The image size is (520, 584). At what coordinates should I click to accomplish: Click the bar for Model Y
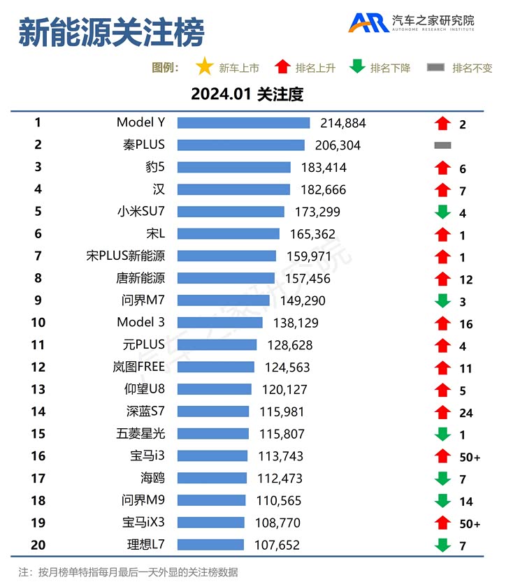(x=243, y=123)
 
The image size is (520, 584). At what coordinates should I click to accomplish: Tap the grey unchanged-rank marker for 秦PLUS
(x=442, y=145)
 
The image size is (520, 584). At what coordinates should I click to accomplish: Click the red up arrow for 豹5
(x=442, y=168)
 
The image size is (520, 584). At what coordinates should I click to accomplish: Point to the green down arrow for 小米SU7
(x=442, y=212)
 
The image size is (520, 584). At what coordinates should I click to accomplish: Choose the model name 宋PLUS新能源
(x=126, y=256)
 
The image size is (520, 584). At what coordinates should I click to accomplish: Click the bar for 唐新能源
(x=226, y=279)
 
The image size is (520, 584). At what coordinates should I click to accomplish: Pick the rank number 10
(x=38, y=323)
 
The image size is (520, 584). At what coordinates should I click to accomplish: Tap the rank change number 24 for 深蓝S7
(x=466, y=413)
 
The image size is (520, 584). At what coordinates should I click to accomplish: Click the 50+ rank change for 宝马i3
(x=470, y=458)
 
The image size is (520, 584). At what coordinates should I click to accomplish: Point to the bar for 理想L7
(x=210, y=545)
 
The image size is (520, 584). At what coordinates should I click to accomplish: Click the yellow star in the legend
(x=205, y=67)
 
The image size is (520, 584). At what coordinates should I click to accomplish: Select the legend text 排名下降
(x=390, y=68)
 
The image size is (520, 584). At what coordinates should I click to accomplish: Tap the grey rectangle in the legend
(x=435, y=68)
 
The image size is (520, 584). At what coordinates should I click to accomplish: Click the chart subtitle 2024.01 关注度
(x=247, y=94)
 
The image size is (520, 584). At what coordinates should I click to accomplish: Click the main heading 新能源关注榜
(x=111, y=33)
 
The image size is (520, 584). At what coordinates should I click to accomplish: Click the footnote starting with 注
(x=129, y=572)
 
